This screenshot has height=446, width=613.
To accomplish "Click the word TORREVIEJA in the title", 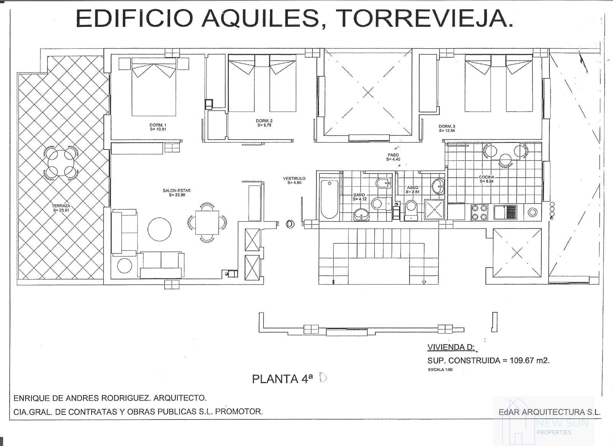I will (x=426, y=18).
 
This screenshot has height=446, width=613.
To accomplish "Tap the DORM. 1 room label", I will (x=158, y=125).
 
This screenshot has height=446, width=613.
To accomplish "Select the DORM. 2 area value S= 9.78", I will (x=264, y=125).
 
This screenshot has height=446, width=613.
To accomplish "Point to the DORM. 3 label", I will (x=447, y=127).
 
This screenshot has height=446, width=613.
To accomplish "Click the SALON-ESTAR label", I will (x=177, y=191).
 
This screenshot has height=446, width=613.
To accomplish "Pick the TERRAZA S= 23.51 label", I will (x=61, y=208).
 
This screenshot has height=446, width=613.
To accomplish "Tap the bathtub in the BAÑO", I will (x=329, y=198).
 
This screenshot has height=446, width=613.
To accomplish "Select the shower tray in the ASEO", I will (x=434, y=210).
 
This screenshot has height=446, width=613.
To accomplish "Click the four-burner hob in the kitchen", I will (x=479, y=212).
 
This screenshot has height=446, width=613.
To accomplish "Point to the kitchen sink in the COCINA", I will (x=505, y=212).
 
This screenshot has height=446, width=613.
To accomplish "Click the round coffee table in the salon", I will (x=160, y=229).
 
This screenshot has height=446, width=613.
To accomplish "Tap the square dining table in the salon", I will (x=207, y=223).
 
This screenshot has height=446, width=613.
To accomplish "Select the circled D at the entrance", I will (x=290, y=224).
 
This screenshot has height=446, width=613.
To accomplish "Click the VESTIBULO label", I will (x=294, y=180).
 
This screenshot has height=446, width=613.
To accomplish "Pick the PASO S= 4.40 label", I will (x=393, y=157).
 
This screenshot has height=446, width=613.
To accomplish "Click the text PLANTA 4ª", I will (x=282, y=379).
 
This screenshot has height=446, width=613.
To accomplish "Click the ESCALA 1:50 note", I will (x=440, y=370).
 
